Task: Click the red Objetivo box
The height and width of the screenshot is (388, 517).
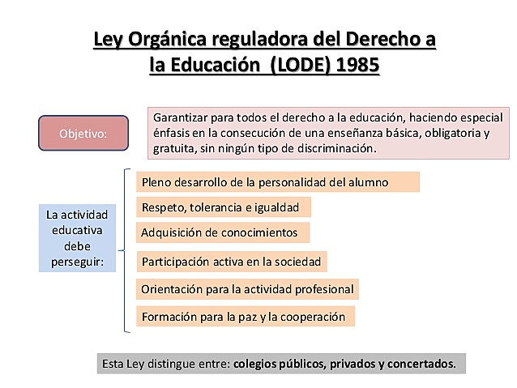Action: click(x=83, y=133)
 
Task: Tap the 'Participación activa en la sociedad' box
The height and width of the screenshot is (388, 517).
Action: click(x=231, y=262)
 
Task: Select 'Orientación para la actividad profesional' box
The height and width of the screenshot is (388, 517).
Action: click(x=246, y=288)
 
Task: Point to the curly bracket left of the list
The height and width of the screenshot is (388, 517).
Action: click(x=126, y=250)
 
